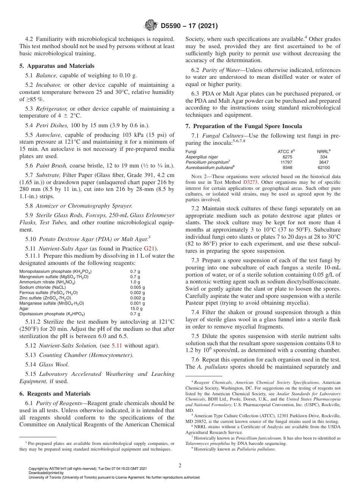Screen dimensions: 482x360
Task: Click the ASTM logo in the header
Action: click(x=152, y=26)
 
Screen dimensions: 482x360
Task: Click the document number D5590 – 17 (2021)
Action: click(x=189, y=26)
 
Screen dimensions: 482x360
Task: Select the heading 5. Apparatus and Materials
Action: click(x=57, y=66)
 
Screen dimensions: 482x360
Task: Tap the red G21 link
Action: click(x=149, y=249)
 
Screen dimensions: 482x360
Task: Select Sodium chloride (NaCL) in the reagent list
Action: click(x=42, y=287)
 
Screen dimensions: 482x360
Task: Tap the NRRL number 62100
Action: click(x=324, y=167)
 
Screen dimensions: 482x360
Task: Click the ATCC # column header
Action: click(x=286, y=151)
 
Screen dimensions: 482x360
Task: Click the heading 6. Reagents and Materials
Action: click(x=55, y=393)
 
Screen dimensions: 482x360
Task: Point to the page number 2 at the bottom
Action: click(x=180, y=465)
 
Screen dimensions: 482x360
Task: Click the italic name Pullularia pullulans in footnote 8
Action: click(x=256, y=449)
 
